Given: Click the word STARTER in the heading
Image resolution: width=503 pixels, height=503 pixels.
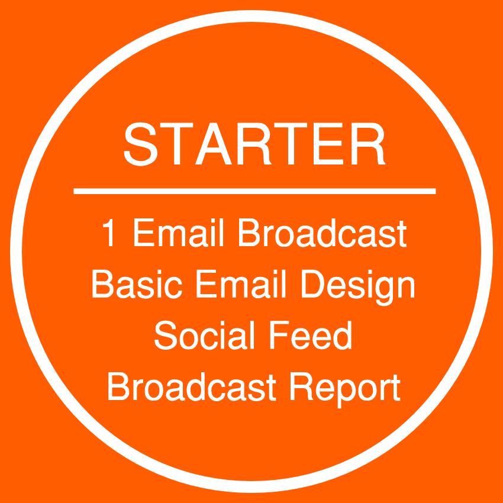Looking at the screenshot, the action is coord(254,144).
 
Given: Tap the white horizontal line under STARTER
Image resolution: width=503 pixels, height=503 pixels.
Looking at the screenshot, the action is coord(254,191).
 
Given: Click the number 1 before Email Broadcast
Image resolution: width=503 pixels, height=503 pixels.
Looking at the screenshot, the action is coord(108,232).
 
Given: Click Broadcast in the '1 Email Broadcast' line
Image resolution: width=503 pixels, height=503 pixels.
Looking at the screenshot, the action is coord(323,232).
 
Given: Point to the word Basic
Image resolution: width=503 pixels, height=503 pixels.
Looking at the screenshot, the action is coord(137,284).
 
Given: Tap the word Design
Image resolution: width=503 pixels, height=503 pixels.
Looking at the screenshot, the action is coord(359,288).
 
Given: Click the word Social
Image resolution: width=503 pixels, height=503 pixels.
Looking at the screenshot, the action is coord(204,335).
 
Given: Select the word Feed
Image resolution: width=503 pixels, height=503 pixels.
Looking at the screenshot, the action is coord(311,335).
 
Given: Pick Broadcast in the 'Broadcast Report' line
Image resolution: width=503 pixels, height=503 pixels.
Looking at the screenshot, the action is coord(192,386).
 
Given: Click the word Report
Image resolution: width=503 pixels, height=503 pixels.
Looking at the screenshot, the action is coord(345,390).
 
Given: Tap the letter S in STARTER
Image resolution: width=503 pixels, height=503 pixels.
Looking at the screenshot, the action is coord(140,144).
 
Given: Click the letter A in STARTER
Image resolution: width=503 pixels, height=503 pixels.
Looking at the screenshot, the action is coord(213,144).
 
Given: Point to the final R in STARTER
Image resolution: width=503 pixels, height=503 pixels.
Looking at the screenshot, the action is coord(368,144).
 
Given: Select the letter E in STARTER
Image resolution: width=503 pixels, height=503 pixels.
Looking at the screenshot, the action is coord(328,144).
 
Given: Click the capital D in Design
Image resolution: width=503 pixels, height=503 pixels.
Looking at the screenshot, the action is coord(313,284).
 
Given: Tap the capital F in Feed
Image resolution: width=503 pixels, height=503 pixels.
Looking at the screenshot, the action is coord(279,334).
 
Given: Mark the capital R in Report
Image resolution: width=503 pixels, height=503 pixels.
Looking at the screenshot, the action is coord(302,386).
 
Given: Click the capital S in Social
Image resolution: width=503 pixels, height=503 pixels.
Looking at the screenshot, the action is coord(166,335).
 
